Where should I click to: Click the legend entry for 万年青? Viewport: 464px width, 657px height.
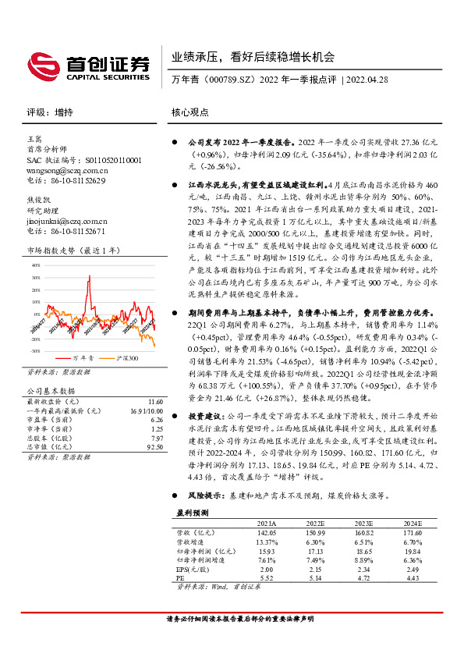tap(83, 357)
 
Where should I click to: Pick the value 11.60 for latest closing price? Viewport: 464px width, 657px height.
tap(154, 400)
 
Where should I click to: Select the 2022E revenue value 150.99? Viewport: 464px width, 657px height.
tap(314, 532)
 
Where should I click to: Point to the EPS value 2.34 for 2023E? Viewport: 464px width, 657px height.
tap(363, 570)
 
